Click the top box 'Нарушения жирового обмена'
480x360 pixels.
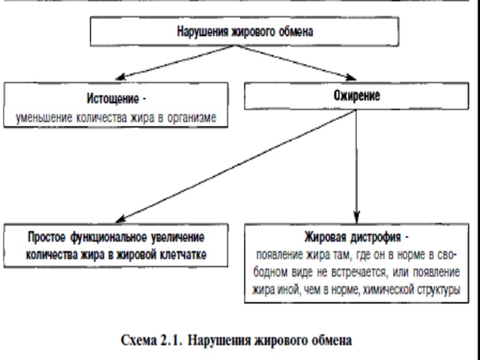(245, 31)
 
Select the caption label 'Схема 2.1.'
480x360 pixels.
(152, 340)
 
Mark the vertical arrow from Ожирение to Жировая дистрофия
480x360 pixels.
(357, 168)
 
